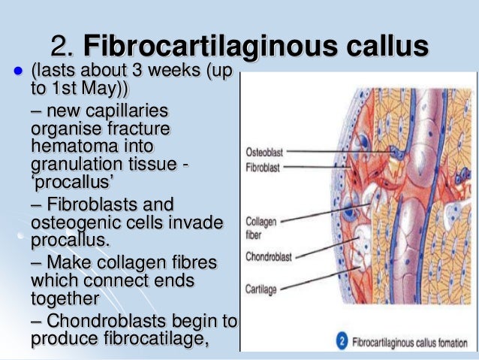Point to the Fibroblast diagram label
coord(263,168)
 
